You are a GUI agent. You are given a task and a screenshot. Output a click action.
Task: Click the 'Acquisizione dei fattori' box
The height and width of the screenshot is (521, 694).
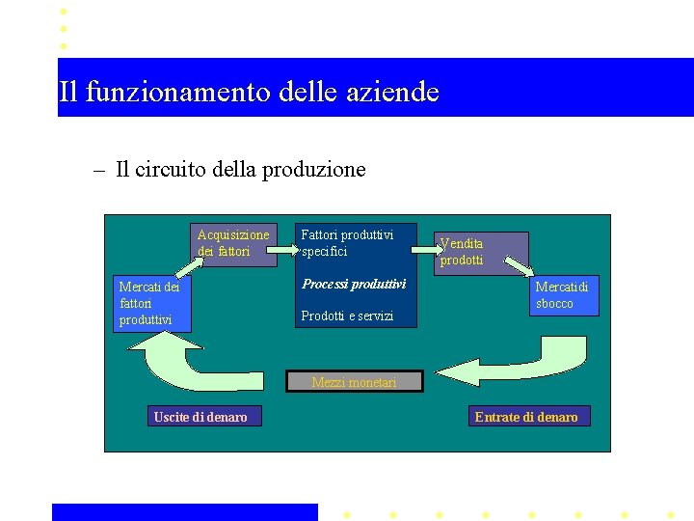(x=233, y=244)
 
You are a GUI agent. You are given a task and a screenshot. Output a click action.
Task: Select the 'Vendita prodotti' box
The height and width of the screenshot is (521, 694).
(x=481, y=253)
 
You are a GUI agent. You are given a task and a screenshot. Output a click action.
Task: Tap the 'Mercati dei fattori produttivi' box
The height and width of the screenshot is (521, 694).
(x=152, y=304)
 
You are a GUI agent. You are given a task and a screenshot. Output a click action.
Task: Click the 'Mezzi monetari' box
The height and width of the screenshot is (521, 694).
(x=354, y=383)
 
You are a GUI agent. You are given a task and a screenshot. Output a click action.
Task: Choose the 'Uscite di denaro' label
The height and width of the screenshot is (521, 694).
(x=200, y=417)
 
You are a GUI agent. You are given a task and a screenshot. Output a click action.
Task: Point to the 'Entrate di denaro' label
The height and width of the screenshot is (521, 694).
(x=526, y=417)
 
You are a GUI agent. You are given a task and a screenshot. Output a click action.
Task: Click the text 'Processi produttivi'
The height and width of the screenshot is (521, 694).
(x=354, y=285)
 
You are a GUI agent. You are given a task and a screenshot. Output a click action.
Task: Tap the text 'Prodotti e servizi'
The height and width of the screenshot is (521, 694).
(x=347, y=315)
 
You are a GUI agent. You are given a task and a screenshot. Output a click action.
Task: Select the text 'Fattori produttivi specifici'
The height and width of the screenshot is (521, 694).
(x=347, y=243)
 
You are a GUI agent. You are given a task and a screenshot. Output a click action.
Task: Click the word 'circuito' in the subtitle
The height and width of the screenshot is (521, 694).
(x=170, y=170)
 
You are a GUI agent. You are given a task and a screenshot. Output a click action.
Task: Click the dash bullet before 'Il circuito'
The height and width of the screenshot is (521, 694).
(x=99, y=171)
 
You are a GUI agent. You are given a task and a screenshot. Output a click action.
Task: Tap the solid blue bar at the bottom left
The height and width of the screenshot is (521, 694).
(x=184, y=511)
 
